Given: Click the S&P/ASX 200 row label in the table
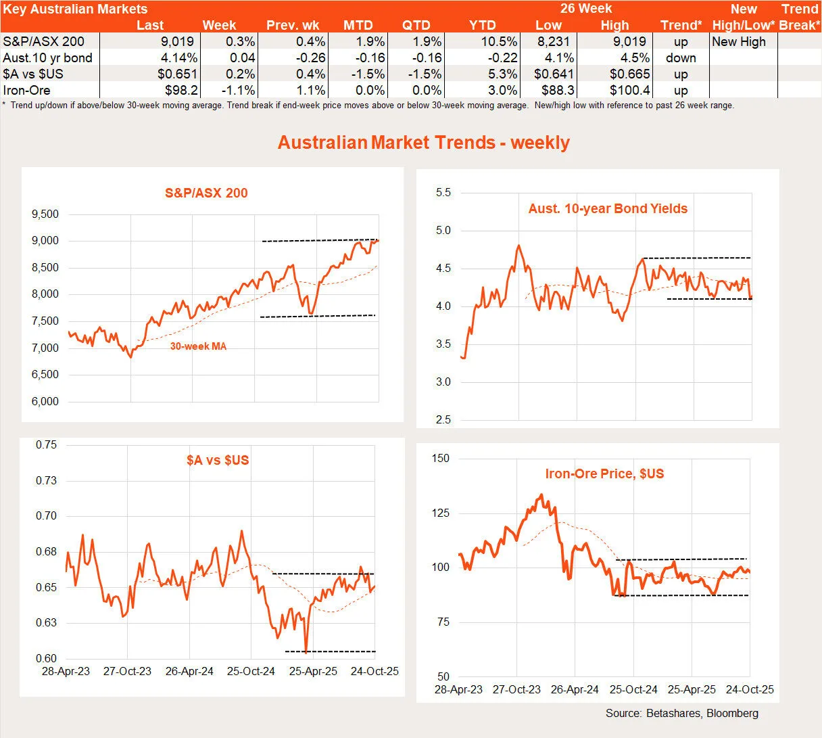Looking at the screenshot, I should tap(44, 41).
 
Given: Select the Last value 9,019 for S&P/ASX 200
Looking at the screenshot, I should tap(175, 41).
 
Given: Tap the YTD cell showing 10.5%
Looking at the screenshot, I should tap(499, 41).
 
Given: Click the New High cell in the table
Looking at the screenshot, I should tap(739, 41).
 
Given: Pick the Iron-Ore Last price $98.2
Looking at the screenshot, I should tap(181, 90).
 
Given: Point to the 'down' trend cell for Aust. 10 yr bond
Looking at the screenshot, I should tap(681, 57).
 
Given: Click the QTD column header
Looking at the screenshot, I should tap(416, 25).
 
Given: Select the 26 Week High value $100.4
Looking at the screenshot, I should tap(629, 90).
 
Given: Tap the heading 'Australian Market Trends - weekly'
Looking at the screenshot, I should tap(424, 143).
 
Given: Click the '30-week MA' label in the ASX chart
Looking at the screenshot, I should tap(198, 346).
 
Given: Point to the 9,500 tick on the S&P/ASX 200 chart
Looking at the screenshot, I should tap(45, 214).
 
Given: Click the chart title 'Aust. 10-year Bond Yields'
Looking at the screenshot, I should tap(608, 209).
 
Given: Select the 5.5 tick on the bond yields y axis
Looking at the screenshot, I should tap(443, 193).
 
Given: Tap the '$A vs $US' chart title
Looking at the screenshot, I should tap(218, 460).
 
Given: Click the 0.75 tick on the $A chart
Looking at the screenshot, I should tap(46, 445).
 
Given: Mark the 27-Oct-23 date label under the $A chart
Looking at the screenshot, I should tap(127, 672).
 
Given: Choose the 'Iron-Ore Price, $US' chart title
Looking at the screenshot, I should tap(604, 474).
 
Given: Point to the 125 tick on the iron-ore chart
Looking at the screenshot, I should tap(440, 513).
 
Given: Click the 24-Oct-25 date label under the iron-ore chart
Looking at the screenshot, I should tap(749, 690).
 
